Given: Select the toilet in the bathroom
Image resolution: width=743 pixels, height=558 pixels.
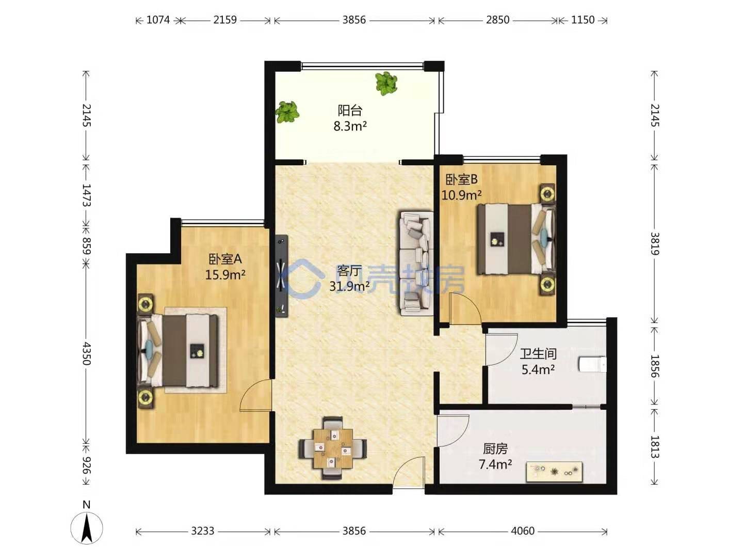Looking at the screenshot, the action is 592,365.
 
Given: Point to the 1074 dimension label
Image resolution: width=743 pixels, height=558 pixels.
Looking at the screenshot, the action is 158,20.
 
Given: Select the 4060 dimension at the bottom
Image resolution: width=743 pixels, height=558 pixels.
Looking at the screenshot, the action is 523,531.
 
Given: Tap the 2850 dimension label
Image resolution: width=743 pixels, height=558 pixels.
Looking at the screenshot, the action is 497,20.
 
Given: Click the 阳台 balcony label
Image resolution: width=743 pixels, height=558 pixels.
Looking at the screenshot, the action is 350,111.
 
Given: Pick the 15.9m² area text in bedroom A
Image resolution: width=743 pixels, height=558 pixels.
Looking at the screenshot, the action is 225,274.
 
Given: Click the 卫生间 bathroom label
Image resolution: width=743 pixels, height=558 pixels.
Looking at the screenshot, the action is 538,354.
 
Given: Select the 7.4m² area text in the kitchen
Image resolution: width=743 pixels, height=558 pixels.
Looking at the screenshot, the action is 495,464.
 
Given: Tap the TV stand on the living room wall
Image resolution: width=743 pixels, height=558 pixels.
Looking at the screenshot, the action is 281,276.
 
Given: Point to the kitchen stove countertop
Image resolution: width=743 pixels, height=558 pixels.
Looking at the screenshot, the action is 554,472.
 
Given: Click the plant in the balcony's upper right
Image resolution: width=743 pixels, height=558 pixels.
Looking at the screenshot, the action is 385,83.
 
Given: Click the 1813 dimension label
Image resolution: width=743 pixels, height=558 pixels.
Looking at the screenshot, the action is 654,447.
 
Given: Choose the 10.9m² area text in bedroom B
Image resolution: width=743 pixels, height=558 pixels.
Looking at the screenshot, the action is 461,195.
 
